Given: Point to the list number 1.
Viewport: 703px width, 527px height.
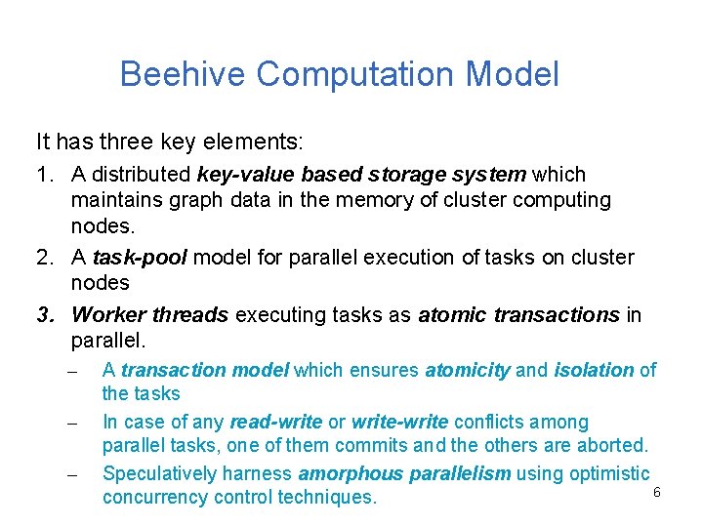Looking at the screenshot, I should point(44,175).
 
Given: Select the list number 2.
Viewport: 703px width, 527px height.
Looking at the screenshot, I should point(44,258).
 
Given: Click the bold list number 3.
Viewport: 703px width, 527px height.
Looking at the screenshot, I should point(44,314).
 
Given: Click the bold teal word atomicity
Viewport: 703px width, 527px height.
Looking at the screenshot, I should point(468,370).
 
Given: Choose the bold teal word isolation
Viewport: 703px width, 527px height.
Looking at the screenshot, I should point(594,370).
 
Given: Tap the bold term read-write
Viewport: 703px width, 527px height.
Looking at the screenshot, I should point(275,423).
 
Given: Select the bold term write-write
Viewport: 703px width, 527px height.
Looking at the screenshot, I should point(399,423).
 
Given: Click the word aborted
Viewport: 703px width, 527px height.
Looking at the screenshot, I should point(612,446).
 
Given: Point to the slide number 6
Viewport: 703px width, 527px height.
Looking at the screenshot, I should point(657,493).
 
